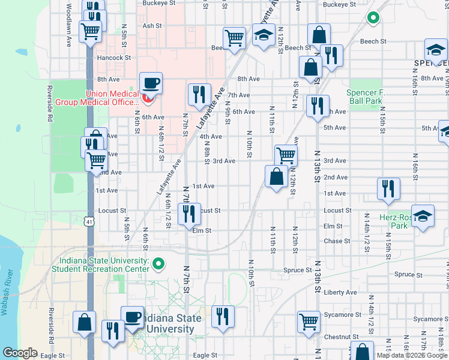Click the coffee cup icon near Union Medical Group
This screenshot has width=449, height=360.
pyautogui.click(x=151, y=83)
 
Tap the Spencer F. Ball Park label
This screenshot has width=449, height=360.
pyautogui.click(x=364, y=97)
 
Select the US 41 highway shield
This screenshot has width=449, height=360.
pyautogui.click(x=89, y=221)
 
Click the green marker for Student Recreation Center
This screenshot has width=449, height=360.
pyautogui.click(x=158, y=263)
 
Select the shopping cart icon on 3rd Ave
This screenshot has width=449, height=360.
pyautogui.click(x=286, y=155)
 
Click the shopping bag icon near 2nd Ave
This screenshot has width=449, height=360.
pyautogui.click(x=276, y=176)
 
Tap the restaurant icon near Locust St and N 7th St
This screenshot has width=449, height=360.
pyautogui.click(x=189, y=214)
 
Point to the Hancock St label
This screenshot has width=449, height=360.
pyautogui.click(x=115, y=58)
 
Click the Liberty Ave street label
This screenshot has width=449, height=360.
pyautogui.click(x=340, y=292)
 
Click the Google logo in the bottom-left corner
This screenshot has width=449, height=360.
pyautogui.click(x=20, y=353)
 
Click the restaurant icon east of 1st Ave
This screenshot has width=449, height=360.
pyautogui.click(x=389, y=188)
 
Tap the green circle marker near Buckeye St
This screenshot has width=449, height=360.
pyautogui.click(x=373, y=19)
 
